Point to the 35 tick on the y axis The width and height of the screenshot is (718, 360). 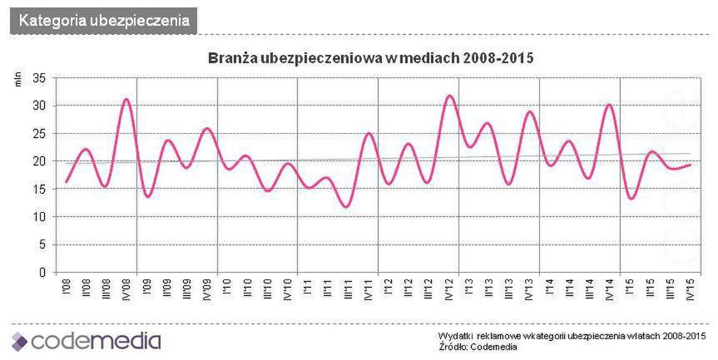(x=37, y=78)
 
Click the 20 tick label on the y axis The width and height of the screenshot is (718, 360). (x=37, y=161)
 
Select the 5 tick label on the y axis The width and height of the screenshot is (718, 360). (x=41, y=244)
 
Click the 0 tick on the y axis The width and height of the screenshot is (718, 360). (x=41, y=272)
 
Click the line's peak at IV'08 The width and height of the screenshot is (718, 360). (x=126, y=99)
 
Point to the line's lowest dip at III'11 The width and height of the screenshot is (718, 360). (x=348, y=206)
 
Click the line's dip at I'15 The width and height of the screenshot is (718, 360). (x=631, y=199)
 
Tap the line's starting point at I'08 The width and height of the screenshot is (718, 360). (x=66, y=181)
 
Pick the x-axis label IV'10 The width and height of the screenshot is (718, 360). (x=287, y=291)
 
